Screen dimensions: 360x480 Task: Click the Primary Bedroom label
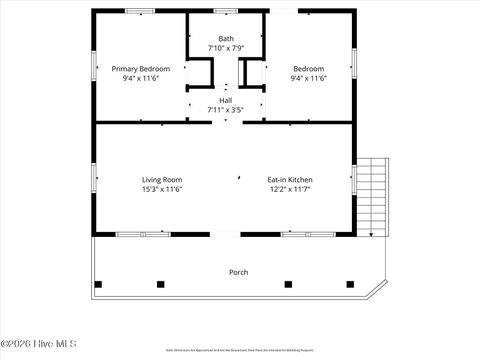(x=140, y=68)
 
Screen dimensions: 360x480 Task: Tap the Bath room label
(x=226, y=39)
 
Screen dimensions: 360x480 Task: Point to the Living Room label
(x=161, y=179)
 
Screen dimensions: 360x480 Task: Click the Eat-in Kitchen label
(x=290, y=179)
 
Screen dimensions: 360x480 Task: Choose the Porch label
(x=239, y=272)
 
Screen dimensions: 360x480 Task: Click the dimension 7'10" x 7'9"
(x=226, y=48)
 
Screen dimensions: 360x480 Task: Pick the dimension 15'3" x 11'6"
(x=161, y=188)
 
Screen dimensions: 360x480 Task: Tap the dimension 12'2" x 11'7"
(x=290, y=188)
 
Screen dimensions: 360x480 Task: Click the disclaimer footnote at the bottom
(x=239, y=351)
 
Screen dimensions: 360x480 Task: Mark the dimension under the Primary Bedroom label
(x=140, y=78)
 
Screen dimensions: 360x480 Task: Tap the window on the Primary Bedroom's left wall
(x=94, y=65)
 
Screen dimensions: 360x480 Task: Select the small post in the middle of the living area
(x=239, y=178)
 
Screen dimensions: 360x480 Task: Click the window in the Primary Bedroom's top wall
(x=139, y=11)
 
